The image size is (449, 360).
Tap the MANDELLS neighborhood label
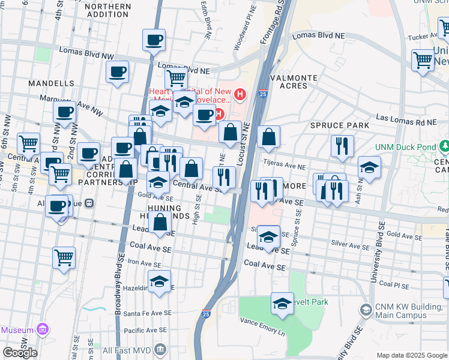54,83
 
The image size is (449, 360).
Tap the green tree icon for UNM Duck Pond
444,146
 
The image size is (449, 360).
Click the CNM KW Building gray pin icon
365,310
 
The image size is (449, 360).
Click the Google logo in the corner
20,352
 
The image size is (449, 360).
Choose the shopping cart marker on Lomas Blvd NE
176,77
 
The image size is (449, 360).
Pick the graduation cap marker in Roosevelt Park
282,304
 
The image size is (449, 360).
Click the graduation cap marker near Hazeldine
159,281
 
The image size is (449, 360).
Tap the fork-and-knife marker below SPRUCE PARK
342,146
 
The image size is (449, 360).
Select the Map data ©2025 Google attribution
411,355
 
